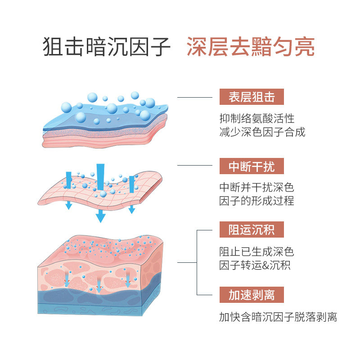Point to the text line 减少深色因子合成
[262, 132]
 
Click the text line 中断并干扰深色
[256, 187]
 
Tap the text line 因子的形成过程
[256, 201]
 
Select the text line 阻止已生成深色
[256, 252]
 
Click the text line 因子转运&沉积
[255, 265]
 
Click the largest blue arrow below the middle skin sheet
[100, 217]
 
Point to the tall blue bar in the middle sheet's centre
[99, 175]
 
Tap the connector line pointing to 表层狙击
[194, 97]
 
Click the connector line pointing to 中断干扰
[194, 165]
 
